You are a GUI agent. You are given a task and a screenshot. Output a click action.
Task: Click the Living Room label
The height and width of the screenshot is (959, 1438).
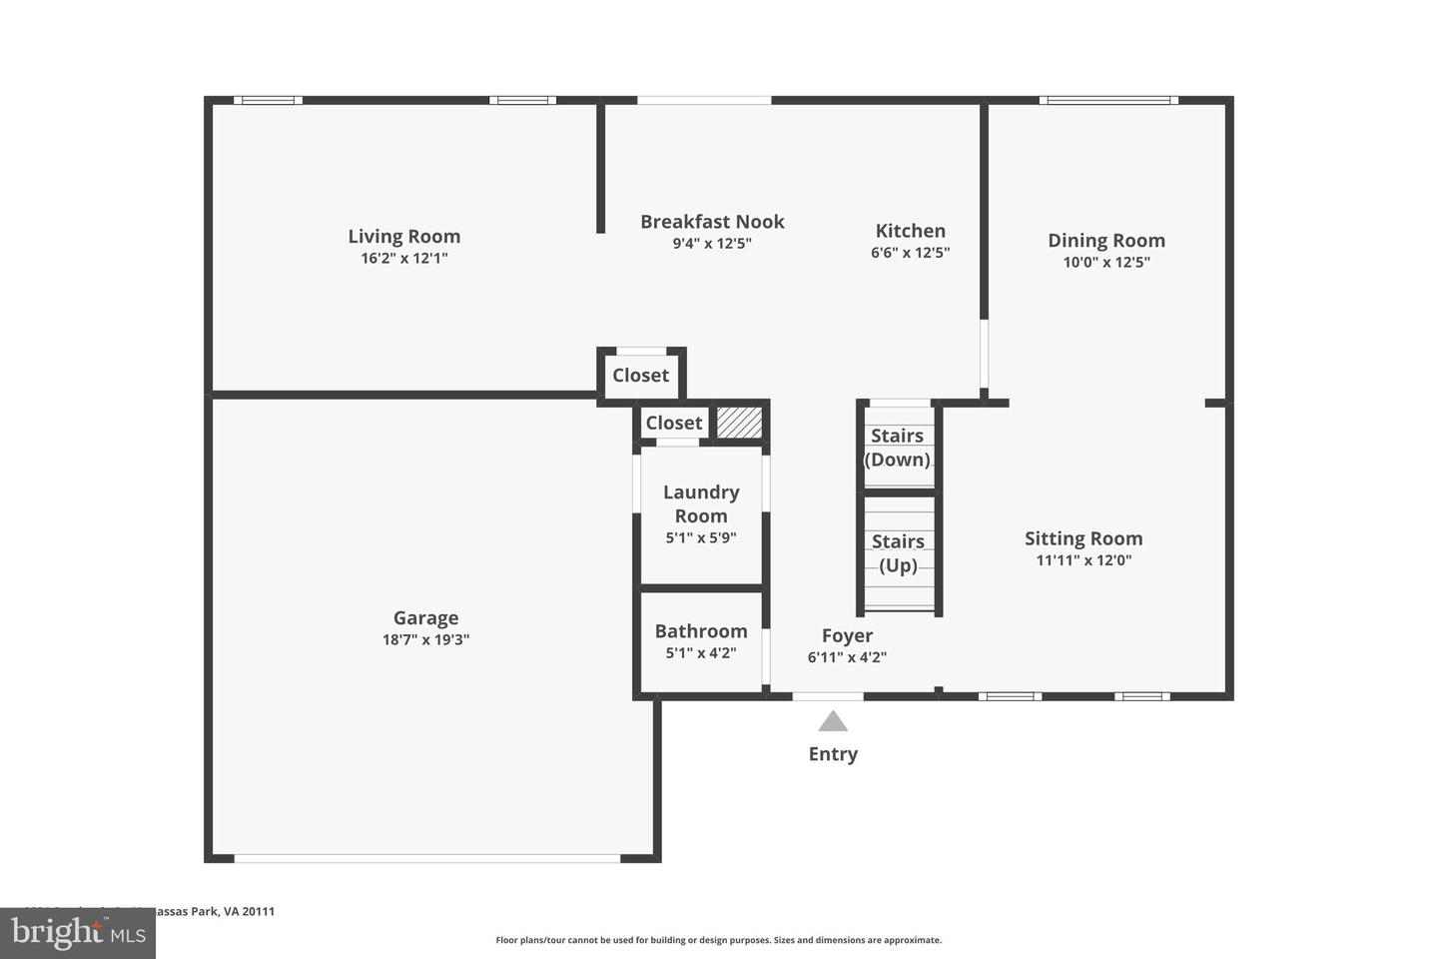click(403, 237)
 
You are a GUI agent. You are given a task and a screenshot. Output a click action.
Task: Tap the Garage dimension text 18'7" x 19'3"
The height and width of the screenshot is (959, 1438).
click(425, 640)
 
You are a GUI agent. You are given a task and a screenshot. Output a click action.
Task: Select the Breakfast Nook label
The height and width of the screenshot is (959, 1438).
click(712, 222)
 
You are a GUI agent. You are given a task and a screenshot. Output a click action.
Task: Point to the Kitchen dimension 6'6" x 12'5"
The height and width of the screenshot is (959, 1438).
click(910, 254)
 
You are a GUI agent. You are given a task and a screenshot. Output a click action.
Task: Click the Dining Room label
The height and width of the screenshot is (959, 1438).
click(1105, 241)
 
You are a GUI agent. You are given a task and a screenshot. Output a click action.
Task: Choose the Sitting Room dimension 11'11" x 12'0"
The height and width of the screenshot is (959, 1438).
click(1083, 560)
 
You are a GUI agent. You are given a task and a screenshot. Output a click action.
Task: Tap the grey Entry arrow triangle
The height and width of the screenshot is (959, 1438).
click(833, 721)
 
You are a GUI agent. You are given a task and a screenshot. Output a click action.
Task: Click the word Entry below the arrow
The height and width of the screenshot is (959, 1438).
click(833, 754)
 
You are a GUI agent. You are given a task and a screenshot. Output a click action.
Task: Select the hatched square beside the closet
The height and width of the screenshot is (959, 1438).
click(740, 422)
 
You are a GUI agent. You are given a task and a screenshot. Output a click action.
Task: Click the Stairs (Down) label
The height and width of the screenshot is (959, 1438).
click(897, 448)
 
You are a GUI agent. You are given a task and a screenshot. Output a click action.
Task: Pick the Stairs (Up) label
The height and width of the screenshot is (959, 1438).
click(898, 553)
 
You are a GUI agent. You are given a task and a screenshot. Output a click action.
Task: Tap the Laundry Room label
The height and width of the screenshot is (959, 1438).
click(701, 503)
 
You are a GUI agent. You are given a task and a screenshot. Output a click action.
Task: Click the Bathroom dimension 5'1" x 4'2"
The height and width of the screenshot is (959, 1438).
click(701, 653)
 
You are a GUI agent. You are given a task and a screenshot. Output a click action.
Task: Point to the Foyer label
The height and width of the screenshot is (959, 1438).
click(847, 635)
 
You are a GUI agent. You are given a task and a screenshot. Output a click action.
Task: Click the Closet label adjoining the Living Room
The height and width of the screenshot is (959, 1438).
click(640, 376)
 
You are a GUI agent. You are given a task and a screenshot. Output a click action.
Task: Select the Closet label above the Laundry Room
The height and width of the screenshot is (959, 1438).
click(674, 423)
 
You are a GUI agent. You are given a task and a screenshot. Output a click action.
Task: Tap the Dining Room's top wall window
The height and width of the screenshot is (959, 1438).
click(1107, 100)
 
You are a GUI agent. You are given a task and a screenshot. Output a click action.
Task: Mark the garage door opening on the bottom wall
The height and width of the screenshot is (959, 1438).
click(427, 858)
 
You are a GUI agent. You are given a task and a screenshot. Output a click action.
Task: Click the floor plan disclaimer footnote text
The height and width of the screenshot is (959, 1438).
click(718, 940)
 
